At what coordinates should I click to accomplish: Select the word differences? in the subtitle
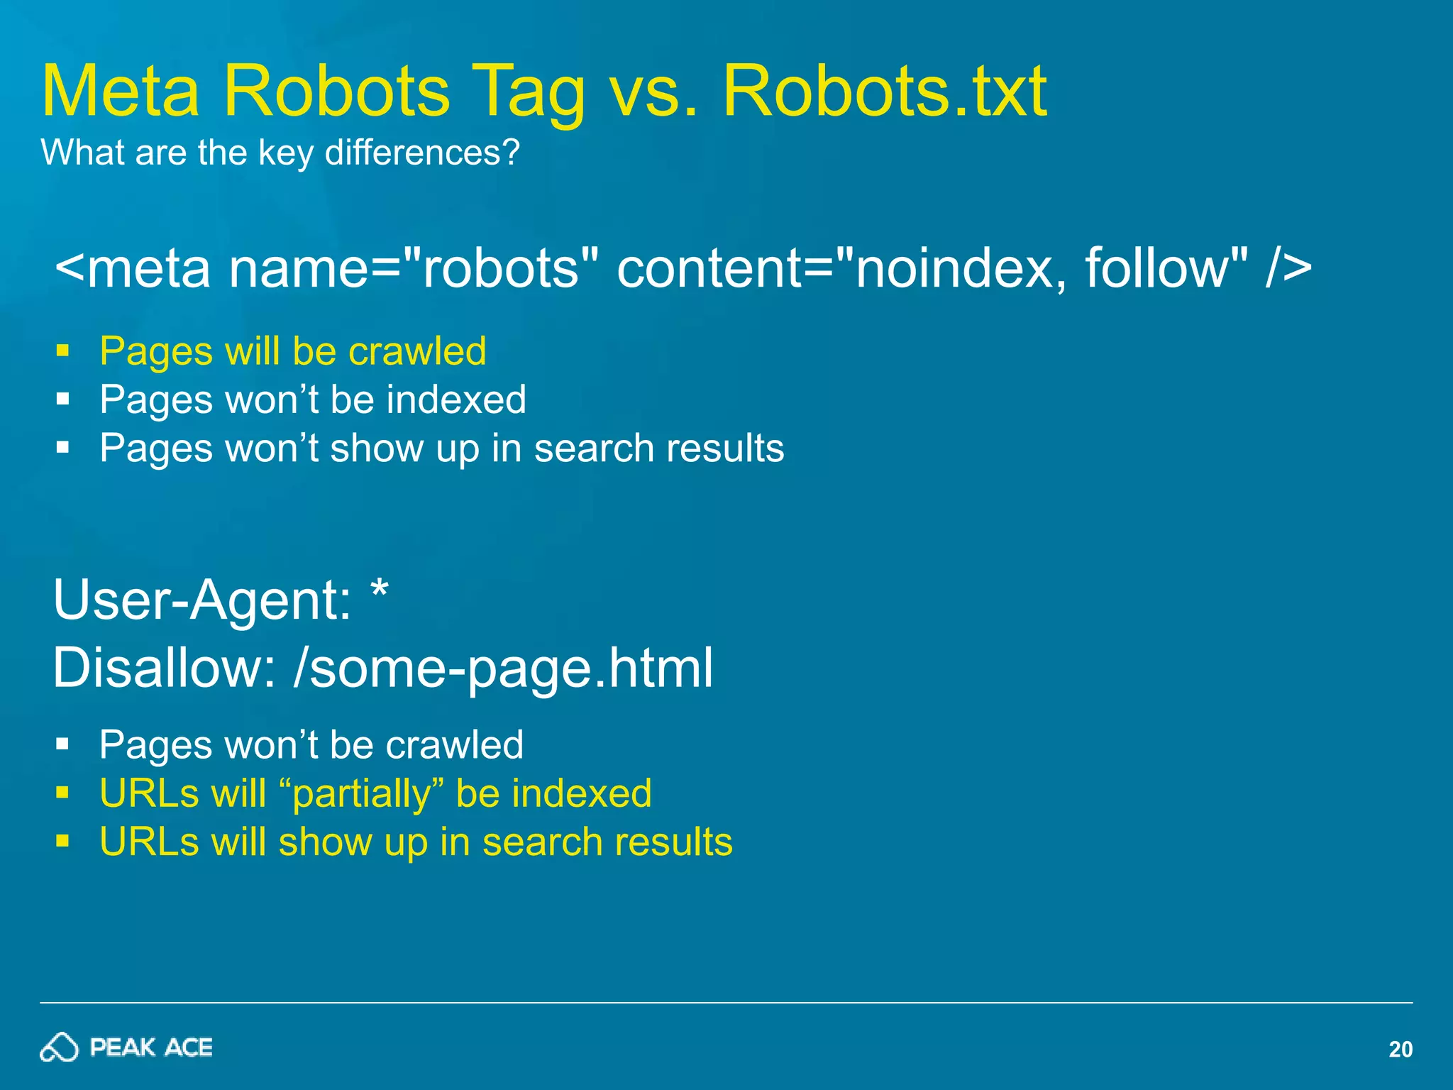tap(422, 153)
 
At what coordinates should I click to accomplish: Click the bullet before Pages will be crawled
tap(63, 351)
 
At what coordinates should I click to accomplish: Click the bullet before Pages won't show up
tap(63, 448)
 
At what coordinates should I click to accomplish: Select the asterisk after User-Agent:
tap(380, 589)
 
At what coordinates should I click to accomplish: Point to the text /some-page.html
tap(503, 668)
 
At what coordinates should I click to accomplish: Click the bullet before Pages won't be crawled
tap(63, 744)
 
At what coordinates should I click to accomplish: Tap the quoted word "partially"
tap(362, 793)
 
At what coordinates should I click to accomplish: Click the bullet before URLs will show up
tap(63, 842)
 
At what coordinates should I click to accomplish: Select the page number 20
tap(1400, 1049)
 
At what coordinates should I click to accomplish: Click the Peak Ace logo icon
tap(58, 1047)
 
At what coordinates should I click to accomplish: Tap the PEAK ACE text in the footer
tap(151, 1047)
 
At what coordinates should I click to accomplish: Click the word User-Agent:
tap(202, 600)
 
